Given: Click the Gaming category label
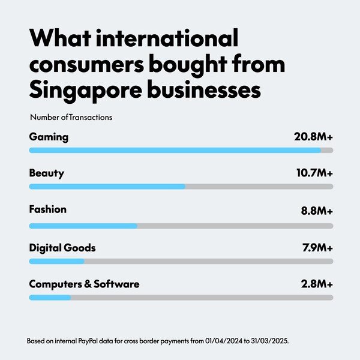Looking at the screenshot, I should (49, 137).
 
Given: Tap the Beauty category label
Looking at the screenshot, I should (46, 173).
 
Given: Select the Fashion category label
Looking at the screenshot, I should (48, 209).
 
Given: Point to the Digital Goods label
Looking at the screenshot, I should (62, 247).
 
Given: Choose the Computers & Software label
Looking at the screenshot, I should (84, 284).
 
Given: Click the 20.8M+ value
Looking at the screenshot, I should (313, 137).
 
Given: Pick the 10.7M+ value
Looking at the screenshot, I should (314, 173).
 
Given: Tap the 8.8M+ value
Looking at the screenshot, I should (316, 211).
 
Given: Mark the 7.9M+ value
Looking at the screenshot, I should (316, 247).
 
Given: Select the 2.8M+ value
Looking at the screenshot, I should (317, 284).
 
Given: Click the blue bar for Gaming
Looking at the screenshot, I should (174, 150).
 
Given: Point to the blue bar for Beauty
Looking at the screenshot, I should (107, 187).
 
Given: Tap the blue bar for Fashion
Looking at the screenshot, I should (83, 226).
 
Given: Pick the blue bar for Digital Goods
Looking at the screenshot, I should (57, 261).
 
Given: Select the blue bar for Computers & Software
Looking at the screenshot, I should (50, 297).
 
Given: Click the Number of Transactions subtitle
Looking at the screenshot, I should (71, 118).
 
